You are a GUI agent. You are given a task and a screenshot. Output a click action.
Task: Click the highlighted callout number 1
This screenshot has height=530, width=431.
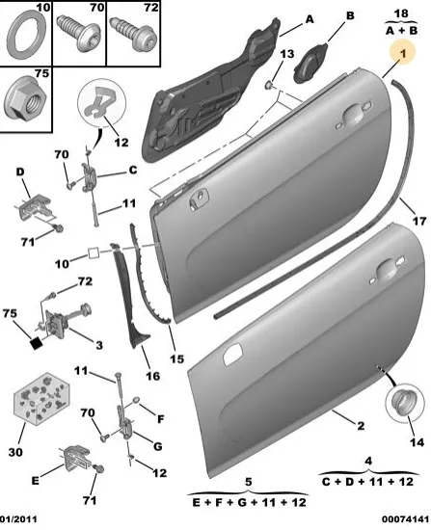tap(403, 53)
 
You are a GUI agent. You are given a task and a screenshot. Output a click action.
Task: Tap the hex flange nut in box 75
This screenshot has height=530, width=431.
tap(26, 99)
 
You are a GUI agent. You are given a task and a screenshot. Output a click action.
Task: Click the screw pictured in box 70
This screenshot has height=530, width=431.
tap(78, 32)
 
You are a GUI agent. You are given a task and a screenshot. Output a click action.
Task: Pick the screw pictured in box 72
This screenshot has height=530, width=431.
tap(134, 33)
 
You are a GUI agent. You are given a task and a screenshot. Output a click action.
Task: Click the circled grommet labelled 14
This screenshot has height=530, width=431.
tap(404, 403)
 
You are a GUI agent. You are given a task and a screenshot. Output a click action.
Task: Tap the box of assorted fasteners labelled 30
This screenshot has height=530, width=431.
tap(41, 398)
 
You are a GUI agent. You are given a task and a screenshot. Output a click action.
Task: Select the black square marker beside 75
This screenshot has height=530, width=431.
tap(37, 343)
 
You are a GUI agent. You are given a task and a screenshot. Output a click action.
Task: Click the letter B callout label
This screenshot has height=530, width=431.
tap(350, 15)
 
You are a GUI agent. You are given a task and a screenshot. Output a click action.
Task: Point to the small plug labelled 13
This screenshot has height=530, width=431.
tap(269, 85)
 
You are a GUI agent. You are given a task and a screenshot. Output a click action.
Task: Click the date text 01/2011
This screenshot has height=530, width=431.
tap(18, 518)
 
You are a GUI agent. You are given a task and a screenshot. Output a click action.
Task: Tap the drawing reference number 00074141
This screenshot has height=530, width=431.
tap(406, 518)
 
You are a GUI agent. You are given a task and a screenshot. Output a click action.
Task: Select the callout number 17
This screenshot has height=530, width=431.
tap(419, 221)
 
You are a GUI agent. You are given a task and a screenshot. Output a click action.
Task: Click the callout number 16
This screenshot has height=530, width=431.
tap(152, 376)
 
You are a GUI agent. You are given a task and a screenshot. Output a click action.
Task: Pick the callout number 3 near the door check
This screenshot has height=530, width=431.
tap(98, 345)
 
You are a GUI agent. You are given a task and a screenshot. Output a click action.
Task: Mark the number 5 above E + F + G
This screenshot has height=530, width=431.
tap(249, 482)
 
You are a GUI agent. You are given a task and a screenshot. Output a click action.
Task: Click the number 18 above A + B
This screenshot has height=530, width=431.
tap(401, 13)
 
